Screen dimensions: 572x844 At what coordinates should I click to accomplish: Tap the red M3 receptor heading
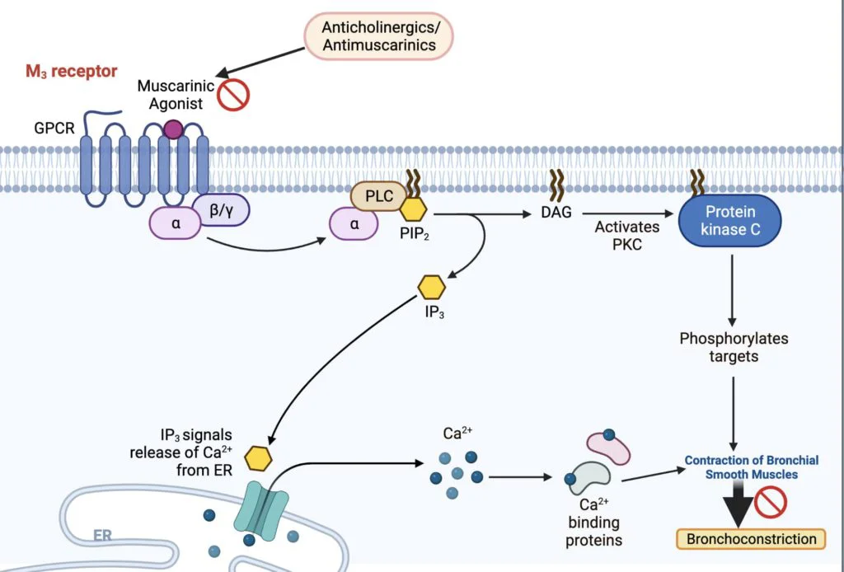click(71, 72)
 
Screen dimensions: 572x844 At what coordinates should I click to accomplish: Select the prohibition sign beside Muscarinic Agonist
click(233, 95)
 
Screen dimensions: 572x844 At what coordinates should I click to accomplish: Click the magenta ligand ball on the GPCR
click(173, 129)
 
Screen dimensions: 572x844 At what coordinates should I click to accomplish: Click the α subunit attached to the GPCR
click(175, 223)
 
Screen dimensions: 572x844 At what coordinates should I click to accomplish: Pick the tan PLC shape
click(376, 197)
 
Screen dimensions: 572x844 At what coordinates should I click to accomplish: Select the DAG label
click(557, 213)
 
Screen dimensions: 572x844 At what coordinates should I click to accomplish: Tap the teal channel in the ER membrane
click(261, 509)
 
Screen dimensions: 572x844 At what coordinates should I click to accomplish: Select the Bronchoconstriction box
click(750, 539)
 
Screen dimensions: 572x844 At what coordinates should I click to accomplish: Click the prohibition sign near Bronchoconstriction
click(771, 501)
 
